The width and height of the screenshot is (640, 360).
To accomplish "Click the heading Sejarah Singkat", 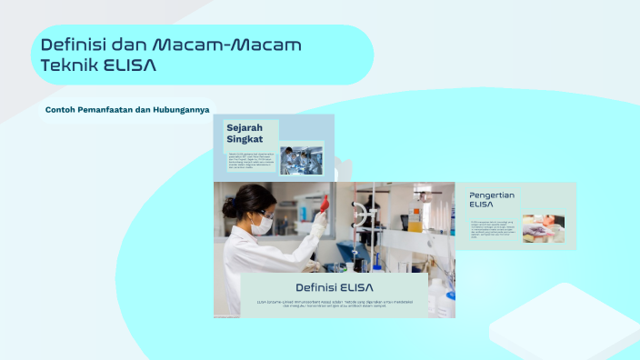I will (245, 133).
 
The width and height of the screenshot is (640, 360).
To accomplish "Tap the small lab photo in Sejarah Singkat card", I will (300, 160).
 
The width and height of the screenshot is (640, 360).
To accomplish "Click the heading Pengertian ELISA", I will (492, 200).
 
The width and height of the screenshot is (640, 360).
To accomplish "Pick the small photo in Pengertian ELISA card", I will (544, 228).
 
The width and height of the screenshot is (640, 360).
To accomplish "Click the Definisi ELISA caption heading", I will (335, 287).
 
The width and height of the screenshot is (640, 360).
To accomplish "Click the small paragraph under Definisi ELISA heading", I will (335, 304).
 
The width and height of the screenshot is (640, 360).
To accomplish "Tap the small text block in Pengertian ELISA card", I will (492, 228).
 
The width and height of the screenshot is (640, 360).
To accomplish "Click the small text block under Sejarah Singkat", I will (249, 161).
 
